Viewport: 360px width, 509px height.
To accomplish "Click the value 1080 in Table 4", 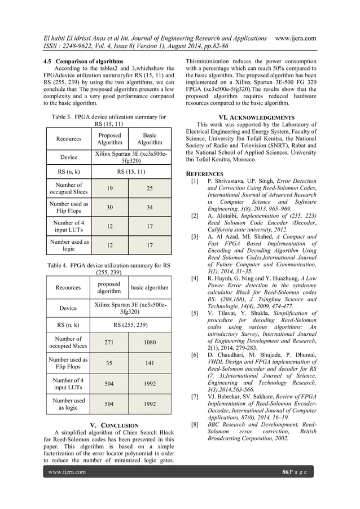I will pyautogui.click(x=150, y=342).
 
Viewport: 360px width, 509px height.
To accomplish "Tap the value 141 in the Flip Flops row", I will pyautogui.click(x=150, y=363).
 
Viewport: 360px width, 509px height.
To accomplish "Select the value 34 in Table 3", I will pyautogui.click(x=150, y=208).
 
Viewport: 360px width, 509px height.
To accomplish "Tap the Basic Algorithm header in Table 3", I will pyautogui.click(x=150, y=139).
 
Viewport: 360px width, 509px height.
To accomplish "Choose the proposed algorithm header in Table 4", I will pyautogui.click(x=108, y=288).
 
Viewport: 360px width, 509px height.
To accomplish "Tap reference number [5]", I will pyautogui.click(x=195, y=313).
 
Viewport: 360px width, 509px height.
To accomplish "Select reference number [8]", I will pyautogui.click(x=195, y=423).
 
